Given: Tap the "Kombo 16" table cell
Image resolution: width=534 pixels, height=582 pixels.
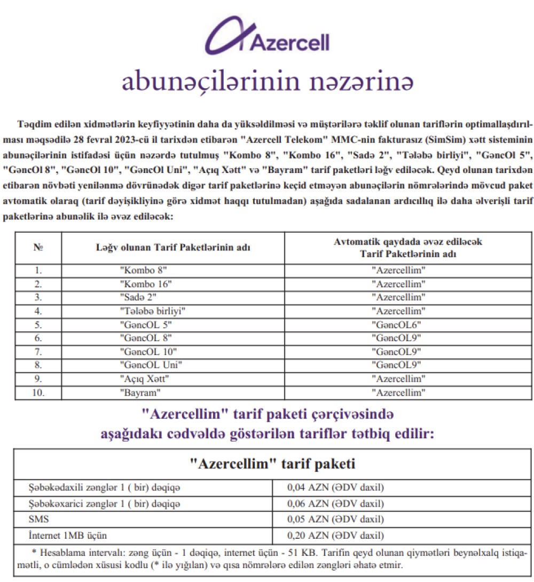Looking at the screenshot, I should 146,283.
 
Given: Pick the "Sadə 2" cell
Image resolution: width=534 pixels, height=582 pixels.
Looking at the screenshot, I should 138,296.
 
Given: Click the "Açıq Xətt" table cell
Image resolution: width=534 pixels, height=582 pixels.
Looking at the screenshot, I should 146,379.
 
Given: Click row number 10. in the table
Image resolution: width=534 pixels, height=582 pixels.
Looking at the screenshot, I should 38,392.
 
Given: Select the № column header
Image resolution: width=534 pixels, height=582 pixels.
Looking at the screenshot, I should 38,248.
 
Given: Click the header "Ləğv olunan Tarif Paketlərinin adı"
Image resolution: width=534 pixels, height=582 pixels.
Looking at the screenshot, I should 173,248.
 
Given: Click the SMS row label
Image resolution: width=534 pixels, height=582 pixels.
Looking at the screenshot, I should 38,519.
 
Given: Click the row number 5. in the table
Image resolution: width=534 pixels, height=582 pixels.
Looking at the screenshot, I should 38,324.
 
